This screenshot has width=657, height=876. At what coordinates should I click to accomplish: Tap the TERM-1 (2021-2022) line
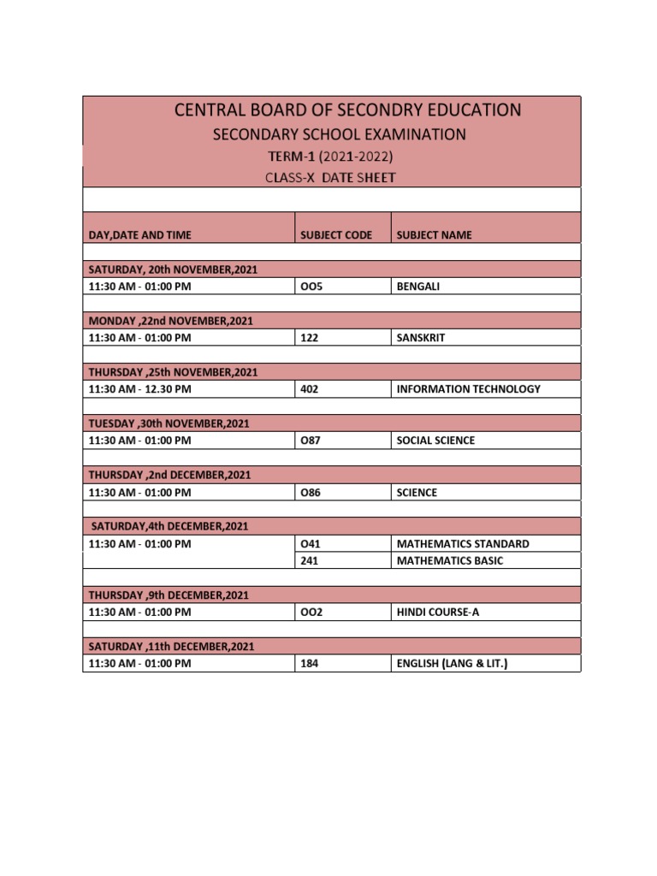pos(332,157)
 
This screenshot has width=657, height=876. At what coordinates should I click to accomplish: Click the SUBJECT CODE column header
pos(336,234)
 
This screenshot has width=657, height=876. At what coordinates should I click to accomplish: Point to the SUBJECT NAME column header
pos(434,234)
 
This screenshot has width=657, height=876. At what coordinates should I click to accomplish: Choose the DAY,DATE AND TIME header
pos(140,234)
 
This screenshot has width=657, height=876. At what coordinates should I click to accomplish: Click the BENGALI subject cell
pos(418,287)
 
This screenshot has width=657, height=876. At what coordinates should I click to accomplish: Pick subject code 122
pos(310,338)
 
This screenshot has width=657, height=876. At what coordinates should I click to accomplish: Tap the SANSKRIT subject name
pos(421,338)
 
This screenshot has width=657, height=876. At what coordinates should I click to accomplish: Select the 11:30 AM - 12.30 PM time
pos(140,389)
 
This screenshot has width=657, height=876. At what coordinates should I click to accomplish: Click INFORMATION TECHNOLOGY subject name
pos(469,389)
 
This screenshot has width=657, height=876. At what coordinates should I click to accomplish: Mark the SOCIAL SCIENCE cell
pos(435,441)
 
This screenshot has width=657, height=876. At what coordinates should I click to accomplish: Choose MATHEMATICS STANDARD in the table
pos(463,543)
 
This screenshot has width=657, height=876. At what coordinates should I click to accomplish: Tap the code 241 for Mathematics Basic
pos(310,560)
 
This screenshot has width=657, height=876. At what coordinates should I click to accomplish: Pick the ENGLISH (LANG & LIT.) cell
pos(452,663)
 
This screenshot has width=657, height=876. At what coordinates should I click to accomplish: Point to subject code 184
pos(310,663)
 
